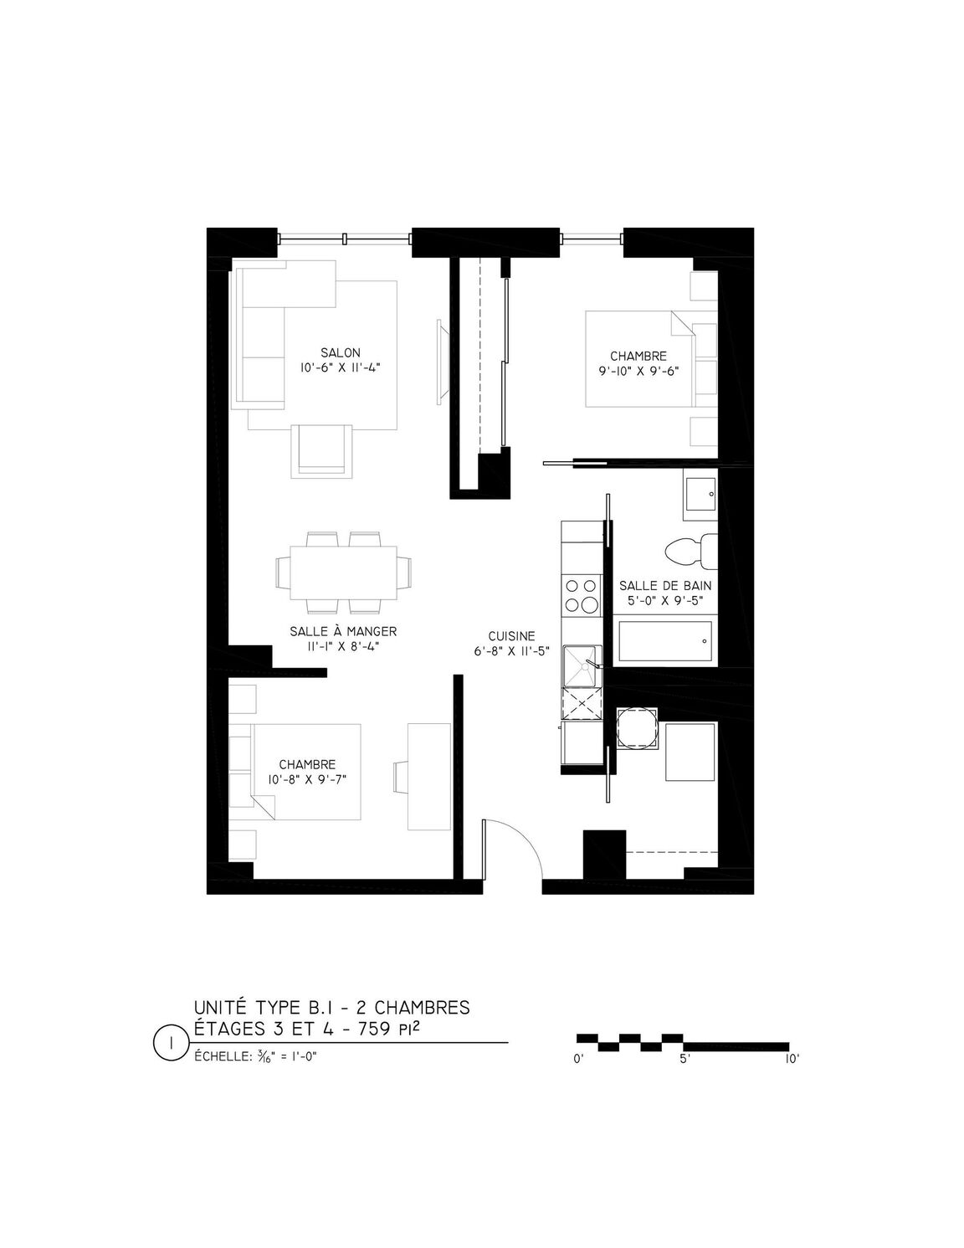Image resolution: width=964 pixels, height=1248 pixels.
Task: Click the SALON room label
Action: (340, 353)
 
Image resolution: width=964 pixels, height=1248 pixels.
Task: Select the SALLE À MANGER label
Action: (343, 631)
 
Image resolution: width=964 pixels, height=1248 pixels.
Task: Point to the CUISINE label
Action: (511, 636)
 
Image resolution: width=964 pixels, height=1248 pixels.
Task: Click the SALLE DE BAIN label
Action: (665, 586)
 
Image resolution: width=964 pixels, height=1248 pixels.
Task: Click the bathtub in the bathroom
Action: (665, 641)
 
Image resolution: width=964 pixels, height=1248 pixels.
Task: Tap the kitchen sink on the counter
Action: (581, 666)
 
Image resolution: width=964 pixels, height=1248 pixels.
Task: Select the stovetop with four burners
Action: (581, 596)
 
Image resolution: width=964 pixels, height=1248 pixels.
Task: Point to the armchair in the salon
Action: (321, 451)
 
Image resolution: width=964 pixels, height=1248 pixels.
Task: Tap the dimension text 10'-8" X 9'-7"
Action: (307, 779)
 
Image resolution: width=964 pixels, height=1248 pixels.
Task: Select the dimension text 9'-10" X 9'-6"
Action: (638, 371)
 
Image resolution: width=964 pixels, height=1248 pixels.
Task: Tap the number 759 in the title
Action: (374, 1030)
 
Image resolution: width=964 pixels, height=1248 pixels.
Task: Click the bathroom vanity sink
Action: (700, 495)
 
